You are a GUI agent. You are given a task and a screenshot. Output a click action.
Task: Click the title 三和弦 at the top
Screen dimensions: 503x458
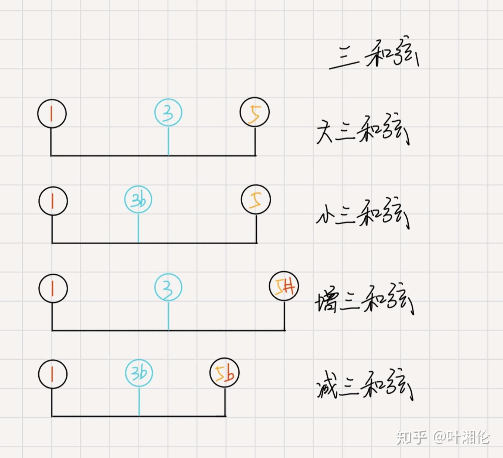click(374, 57)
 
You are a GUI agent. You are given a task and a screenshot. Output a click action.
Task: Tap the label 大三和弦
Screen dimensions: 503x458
click(362, 133)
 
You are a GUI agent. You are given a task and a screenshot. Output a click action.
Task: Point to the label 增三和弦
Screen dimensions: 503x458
click(364, 301)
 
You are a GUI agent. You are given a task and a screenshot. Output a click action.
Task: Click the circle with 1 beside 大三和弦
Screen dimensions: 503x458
click(52, 114)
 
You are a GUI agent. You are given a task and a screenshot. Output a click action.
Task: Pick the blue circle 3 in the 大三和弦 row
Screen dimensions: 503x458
click(168, 113)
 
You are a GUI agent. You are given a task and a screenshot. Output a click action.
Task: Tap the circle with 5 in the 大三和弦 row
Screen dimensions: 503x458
click(255, 112)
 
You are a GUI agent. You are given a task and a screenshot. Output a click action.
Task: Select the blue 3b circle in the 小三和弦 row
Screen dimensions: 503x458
click(138, 200)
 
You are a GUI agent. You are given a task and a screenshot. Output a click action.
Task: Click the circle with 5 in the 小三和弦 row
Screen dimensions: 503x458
click(256, 200)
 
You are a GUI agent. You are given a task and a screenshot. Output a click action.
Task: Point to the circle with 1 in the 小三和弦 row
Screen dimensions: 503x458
click(53, 201)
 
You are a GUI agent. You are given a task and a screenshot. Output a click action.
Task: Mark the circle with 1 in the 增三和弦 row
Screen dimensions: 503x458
click(53, 289)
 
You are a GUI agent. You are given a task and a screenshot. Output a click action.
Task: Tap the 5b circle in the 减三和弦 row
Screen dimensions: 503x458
click(224, 373)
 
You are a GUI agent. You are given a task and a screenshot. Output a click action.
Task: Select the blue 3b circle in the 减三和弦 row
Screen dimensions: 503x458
click(139, 373)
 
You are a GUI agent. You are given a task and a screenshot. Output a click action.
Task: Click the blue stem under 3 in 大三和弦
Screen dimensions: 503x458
click(168, 141)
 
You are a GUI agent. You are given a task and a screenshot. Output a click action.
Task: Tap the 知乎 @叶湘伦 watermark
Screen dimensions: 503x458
click(443, 437)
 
